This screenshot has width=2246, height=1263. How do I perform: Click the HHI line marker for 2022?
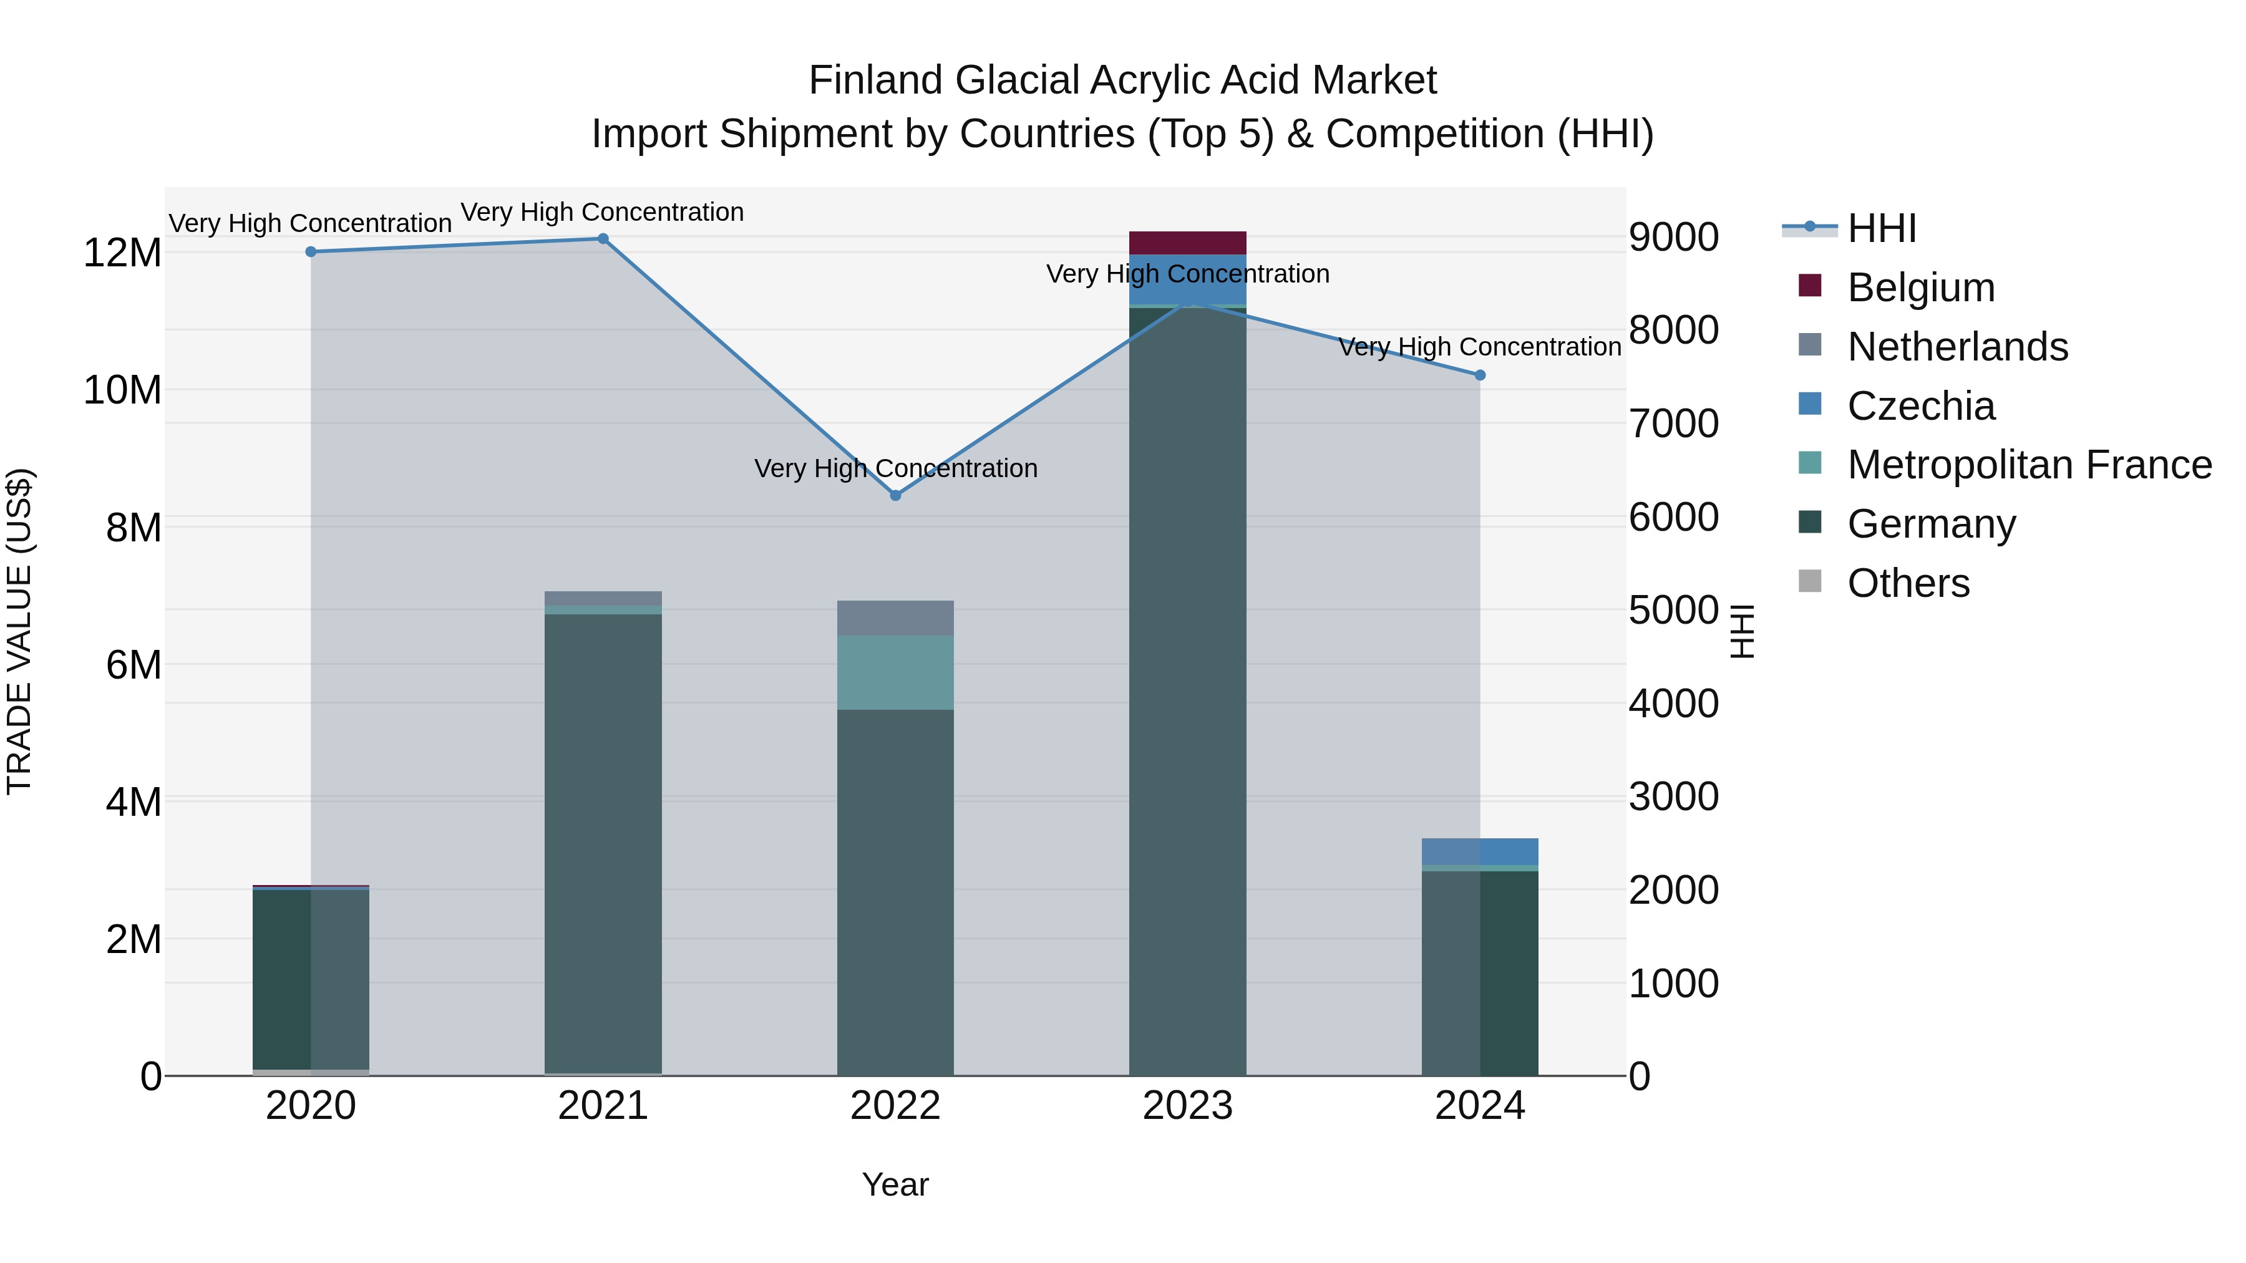895,495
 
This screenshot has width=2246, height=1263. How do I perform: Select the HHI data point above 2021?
603,239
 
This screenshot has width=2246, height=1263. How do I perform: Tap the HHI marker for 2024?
1480,375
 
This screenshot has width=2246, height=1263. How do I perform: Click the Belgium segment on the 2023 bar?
1187,243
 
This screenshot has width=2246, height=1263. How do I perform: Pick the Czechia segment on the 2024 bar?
1480,851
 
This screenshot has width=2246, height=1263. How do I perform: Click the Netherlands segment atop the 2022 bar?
895,618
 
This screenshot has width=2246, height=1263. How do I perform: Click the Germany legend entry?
1930,524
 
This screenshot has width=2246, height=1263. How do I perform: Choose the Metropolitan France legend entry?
2028,465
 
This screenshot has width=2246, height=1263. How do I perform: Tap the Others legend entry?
1908,583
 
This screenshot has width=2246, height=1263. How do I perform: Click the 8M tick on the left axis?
132,527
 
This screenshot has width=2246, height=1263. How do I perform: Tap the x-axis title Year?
895,1184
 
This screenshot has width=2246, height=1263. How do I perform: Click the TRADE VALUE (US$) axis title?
19,631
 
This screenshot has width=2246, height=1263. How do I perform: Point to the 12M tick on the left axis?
122,253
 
